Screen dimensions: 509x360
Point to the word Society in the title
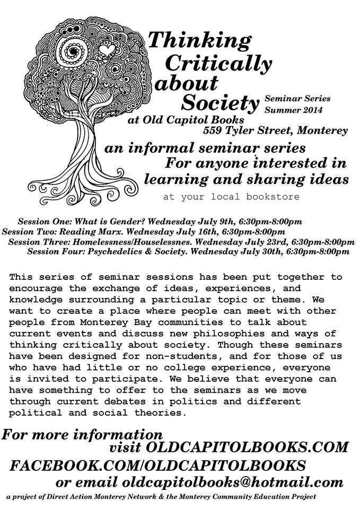click(221, 100)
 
